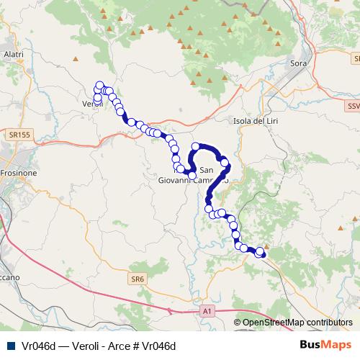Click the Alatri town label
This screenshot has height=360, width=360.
coord(14,54)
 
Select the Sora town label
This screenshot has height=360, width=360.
coord(298,64)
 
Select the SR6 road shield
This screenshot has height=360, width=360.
coord(138,279)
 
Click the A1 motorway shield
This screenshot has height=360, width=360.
coord(207,310)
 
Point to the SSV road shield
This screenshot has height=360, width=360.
coord(352,107)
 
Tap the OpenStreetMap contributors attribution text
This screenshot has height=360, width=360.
coord(297,323)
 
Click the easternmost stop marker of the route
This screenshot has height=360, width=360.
coord(262,253)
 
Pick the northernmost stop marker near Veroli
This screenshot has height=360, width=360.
coord(100,84)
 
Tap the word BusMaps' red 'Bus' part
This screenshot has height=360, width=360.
coord(310,346)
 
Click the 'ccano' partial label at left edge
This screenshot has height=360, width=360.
coord(10,276)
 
